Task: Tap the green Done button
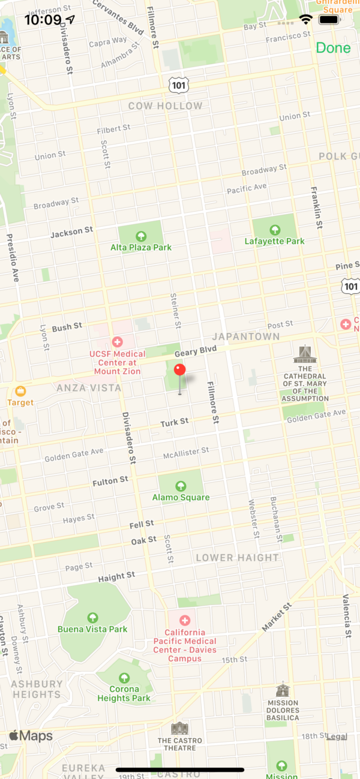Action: tap(333, 48)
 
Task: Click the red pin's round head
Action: tap(180, 369)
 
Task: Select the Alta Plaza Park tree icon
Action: tap(141, 236)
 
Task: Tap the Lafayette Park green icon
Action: tap(275, 230)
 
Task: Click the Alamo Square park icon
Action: tap(181, 485)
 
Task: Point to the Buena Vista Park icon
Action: tap(92, 617)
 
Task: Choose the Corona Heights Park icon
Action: tap(124, 678)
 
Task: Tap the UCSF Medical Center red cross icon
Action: tap(117, 342)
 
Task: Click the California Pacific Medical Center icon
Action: tap(185, 620)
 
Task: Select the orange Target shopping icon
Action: tap(21, 391)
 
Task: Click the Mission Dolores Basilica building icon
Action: tap(283, 690)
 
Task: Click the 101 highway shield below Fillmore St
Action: tap(179, 85)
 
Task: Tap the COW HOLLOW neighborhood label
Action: tap(166, 106)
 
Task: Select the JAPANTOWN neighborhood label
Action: tap(246, 336)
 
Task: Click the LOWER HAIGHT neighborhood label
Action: tap(238, 558)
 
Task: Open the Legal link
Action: tap(337, 736)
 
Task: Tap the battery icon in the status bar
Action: tap(329, 20)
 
